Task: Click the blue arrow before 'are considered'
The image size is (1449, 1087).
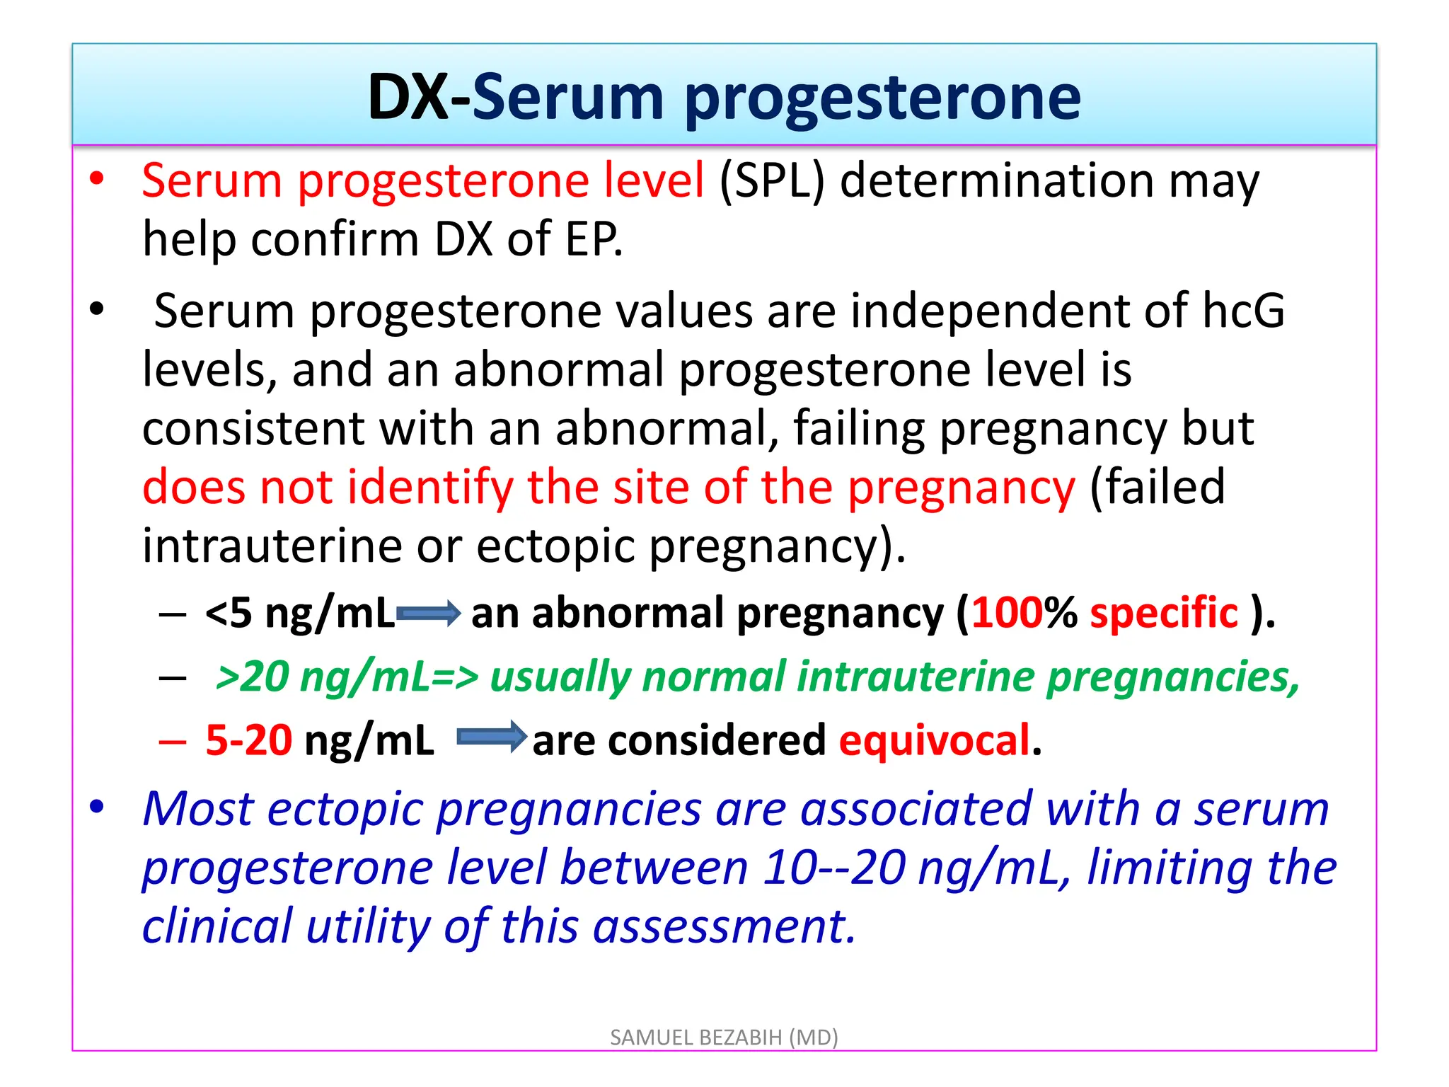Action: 492,738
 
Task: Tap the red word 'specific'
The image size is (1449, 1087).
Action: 1164,613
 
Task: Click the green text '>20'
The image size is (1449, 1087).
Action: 252,677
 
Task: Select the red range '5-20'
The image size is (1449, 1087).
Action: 248,740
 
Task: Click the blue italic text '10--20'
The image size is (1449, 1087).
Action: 834,868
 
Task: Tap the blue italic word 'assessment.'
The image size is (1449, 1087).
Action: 724,926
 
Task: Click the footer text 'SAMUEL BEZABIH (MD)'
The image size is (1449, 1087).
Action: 724,1037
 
